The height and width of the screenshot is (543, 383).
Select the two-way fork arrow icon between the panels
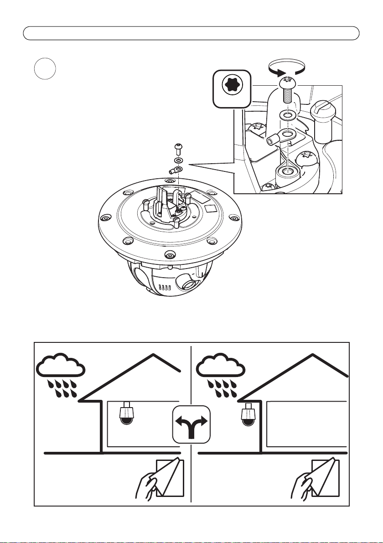coord(191,424)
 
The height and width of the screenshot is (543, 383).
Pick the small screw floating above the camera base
coord(178,148)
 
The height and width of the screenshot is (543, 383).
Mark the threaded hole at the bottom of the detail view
coord(286,171)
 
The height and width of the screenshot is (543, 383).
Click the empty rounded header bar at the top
coord(191,33)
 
